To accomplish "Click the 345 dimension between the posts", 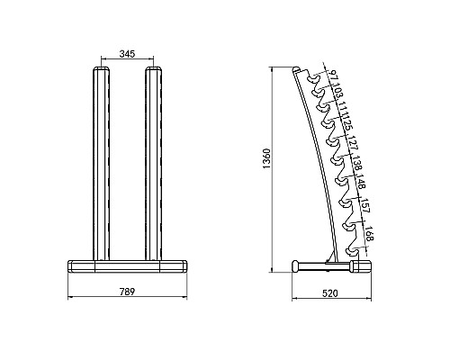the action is pyautogui.click(x=128, y=54).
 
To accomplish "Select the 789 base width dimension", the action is pyautogui.click(x=128, y=292).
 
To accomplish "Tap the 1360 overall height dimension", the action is pyautogui.click(x=266, y=158).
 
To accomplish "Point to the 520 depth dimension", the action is pyautogui.click(x=330, y=293).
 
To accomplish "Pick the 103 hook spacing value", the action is pyautogui.click(x=337, y=92).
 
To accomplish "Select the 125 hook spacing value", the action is pyautogui.click(x=347, y=124).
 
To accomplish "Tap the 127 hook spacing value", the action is pyautogui.click(x=354, y=143).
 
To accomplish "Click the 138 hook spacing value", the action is pyautogui.click(x=357, y=163).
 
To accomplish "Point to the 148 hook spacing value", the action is pyautogui.click(x=361, y=181).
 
